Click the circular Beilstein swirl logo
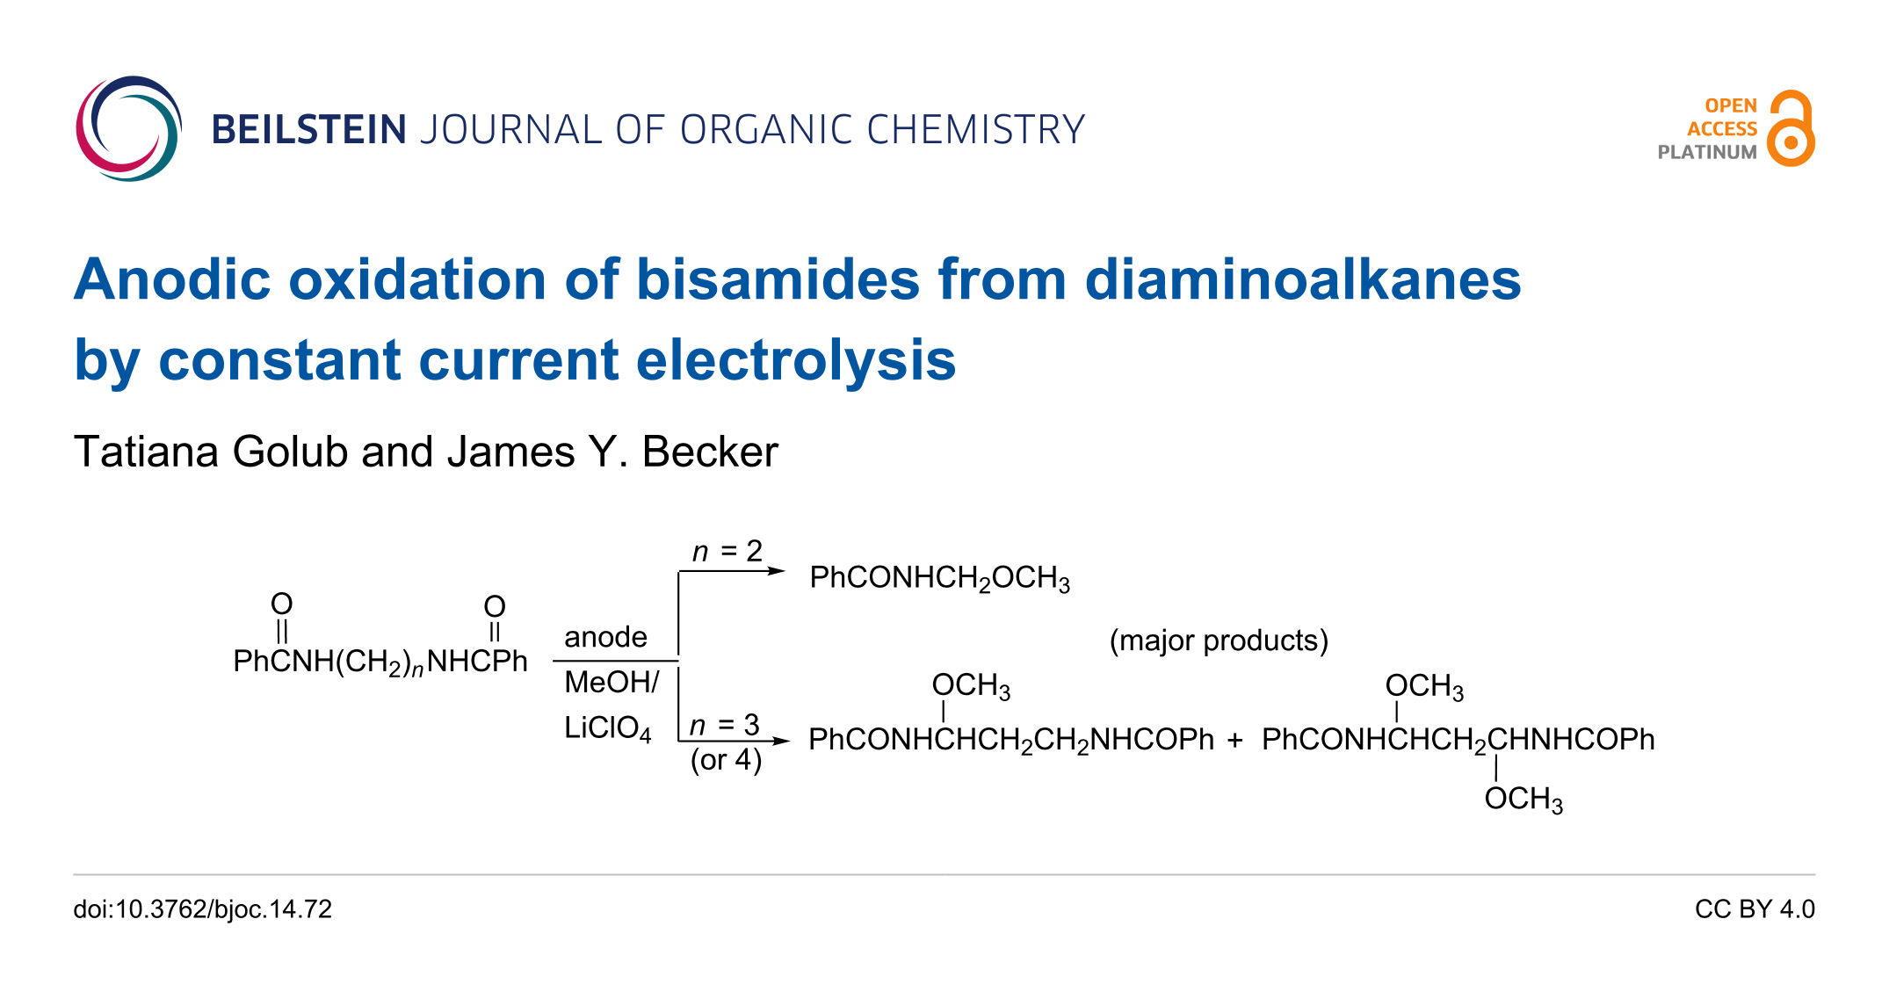128,129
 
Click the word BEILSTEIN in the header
308,130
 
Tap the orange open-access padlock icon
1791,130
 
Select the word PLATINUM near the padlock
1706,152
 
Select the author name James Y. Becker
612,452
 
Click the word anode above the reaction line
605,637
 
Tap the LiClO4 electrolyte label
607,728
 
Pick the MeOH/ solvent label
612,682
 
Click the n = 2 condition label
727,551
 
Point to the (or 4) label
726,759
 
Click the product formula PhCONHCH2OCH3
939,578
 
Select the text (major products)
1219,641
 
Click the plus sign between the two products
1235,741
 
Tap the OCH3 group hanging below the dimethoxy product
1523,800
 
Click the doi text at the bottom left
203,909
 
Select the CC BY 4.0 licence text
1755,909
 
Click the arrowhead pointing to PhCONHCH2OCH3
777,571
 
